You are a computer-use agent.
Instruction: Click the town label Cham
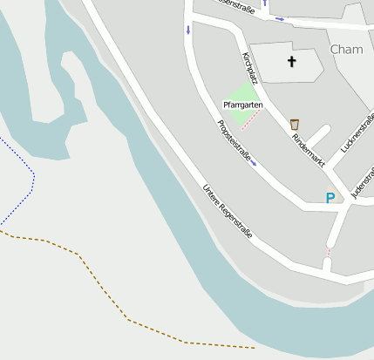pyautogui.click(x=347, y=50)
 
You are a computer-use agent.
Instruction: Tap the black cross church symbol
pyautogui.click(x=292, y=62)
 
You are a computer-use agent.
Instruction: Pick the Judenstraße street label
pyautogui.click(x=361, y=180)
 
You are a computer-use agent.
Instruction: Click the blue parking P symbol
pyautogui.click(x=330, y=198)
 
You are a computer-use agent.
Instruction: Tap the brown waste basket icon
pyautogui.click(x=295, y=124)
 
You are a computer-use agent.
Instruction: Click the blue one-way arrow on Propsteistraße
pyautogui.click(x=254, y=163)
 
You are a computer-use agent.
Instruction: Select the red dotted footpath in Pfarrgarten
pyautogui.click(x=250, y=118)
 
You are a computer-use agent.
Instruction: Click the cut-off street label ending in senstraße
pyautogui.click(x=235, y=6)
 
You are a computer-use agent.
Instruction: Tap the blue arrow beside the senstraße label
pyautogui.click(x=279, y=18)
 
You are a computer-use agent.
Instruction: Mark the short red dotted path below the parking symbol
pyautogui.click(x=329, y=253)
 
